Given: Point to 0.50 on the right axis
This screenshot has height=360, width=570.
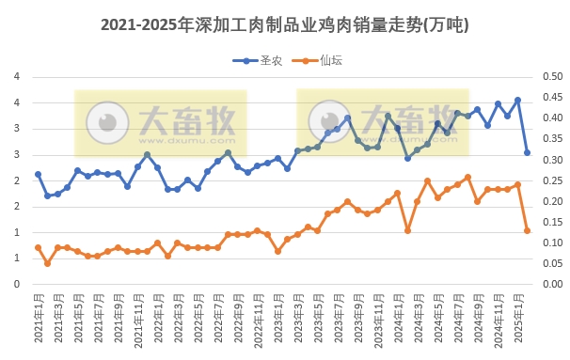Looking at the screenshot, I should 550,77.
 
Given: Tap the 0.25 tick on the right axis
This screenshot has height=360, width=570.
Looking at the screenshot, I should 550,180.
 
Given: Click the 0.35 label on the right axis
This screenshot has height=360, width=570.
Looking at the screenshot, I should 550,139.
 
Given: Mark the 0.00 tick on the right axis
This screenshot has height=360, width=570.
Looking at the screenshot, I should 550,284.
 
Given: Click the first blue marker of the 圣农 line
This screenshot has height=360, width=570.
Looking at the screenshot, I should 38,174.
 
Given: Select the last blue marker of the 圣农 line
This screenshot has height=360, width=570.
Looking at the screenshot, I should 528,152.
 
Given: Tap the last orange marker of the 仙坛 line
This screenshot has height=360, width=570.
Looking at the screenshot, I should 528,230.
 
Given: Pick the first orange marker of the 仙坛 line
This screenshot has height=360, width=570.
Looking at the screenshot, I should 38,247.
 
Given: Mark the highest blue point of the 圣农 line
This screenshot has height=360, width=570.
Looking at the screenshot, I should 517,100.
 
